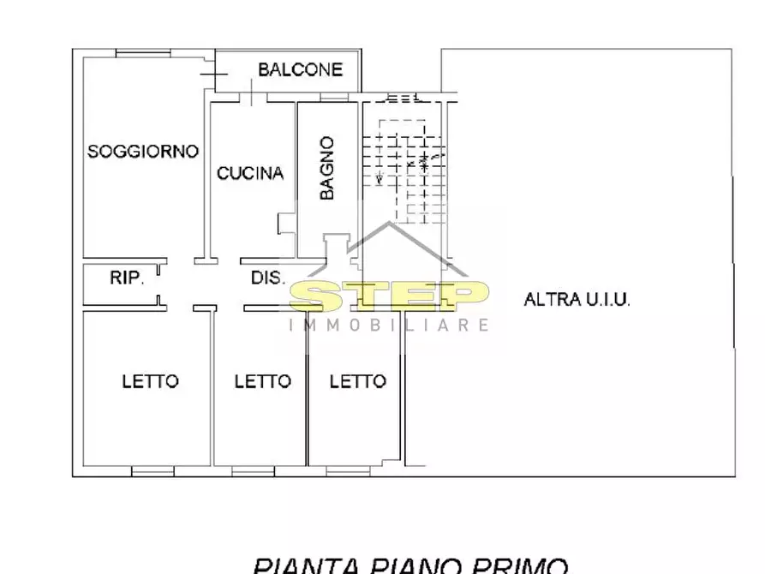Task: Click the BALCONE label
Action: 300,69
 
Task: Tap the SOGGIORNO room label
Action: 143,152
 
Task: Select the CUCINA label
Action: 249,173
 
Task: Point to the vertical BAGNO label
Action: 326,169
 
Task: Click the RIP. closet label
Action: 127,278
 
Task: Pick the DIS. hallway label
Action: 266,278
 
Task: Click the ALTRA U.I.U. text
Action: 577,299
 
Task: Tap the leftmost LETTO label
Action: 150,380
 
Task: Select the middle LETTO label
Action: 262,380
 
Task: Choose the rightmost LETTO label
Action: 357,380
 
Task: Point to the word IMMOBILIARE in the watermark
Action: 390,325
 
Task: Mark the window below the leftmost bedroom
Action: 152,470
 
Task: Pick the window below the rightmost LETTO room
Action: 348,470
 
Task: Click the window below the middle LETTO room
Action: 254,470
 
